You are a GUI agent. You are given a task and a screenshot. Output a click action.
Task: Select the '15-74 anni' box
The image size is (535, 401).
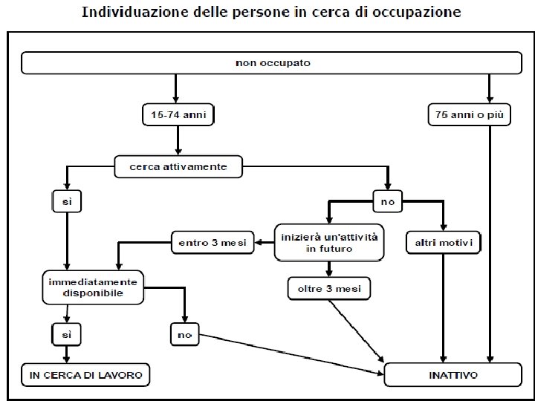178,115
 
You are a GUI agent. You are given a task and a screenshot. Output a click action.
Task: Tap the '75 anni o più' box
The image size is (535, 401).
470,115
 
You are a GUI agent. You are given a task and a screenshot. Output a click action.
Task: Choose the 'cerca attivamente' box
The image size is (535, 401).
178,167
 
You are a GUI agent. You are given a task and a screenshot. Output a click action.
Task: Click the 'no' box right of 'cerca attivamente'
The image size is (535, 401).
386,200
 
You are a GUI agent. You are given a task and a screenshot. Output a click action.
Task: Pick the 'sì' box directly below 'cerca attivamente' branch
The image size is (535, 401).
67,200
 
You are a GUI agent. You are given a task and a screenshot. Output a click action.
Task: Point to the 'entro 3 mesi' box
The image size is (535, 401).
213,242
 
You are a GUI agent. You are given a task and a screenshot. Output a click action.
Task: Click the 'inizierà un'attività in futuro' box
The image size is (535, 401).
329,242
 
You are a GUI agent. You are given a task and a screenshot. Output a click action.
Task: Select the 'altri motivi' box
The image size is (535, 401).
444,242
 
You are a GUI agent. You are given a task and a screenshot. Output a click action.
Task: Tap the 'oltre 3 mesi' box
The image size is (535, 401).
329,287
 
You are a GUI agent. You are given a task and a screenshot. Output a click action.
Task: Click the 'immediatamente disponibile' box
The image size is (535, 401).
91,287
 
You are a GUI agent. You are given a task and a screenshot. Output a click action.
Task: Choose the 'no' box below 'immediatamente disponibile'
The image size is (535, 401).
184,335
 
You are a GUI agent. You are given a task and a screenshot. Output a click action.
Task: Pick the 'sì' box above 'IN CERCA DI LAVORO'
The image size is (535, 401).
67,335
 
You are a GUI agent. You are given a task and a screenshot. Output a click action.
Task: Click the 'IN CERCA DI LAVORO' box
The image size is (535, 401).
85,376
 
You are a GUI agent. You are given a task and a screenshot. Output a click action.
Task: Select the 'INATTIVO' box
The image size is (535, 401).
453,376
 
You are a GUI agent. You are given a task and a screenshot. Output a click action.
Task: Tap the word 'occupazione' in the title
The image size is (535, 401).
418,13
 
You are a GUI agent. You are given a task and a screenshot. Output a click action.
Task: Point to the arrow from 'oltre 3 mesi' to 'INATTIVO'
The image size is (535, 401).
357,330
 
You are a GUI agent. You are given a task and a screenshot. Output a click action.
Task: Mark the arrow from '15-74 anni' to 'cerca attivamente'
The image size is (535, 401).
178,140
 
